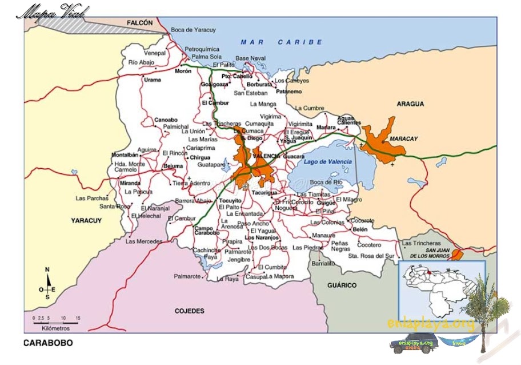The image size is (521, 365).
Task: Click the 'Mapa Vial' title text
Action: pyautogui.click(x=53, y=11)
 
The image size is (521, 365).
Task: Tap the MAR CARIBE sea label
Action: pyautogui.click(x=281, y=42)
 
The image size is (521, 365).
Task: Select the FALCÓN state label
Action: pyautogui.click(x=140, y=23)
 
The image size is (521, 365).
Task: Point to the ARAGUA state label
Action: pyautogui.click(x=410, y=104)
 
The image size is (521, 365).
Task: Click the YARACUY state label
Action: pyautogui.click(x=86, y=220)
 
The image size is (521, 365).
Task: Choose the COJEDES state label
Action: pyautogui.click(x=189, y=311)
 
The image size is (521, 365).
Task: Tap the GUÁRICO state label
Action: pyautogui.click(x=342, y=285)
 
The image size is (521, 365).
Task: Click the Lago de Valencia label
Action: pyautogui.click(x=328, y=162)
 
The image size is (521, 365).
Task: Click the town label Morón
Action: pyautogui.click(x=183, y=72)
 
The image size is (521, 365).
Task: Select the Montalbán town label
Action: pyautogui.click(x=125, y=155)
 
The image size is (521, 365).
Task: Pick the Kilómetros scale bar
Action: pyautogui.click(x=55, y=322)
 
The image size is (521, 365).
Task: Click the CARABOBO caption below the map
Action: pyautogui.click(x=48, y=343)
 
